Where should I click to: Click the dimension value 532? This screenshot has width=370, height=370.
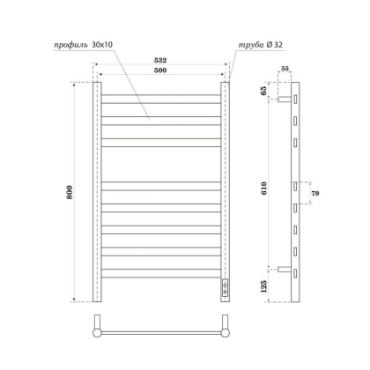162,61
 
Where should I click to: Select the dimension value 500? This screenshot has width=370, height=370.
162,70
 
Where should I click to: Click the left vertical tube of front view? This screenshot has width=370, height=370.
99,193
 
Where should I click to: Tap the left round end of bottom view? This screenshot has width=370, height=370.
98,333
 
